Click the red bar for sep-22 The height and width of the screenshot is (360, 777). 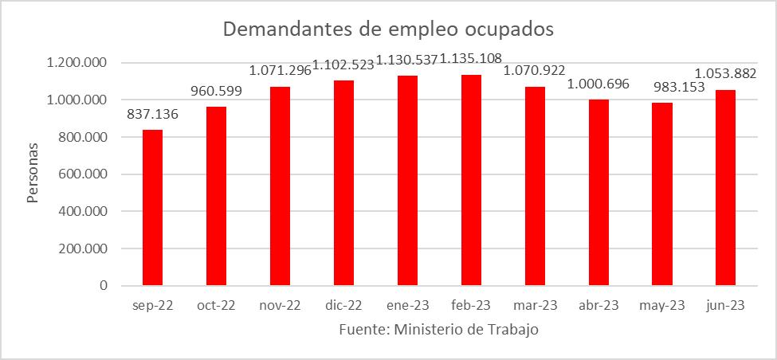[152, 207]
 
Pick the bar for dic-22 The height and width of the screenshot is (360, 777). [343, 182]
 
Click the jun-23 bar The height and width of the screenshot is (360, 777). [725, 187]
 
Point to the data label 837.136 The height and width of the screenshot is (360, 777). [152, 115]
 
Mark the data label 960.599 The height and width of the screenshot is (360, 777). [216, 91]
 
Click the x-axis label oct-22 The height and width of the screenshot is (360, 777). [216, 306]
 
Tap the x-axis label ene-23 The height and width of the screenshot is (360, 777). [407, 306]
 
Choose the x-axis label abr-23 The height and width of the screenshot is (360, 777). [598, 306]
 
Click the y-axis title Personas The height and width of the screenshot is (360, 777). [33, 173]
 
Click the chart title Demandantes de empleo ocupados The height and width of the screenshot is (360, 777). [388, 29]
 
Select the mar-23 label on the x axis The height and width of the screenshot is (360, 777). [535, 306]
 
